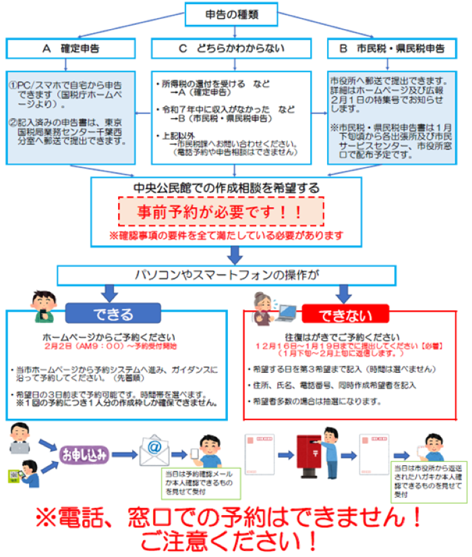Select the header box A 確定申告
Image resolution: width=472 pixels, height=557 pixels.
click(65, 49)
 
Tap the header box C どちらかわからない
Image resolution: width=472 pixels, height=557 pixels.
click(231, 49)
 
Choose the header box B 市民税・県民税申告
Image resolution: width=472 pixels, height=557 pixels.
click(396, 49)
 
